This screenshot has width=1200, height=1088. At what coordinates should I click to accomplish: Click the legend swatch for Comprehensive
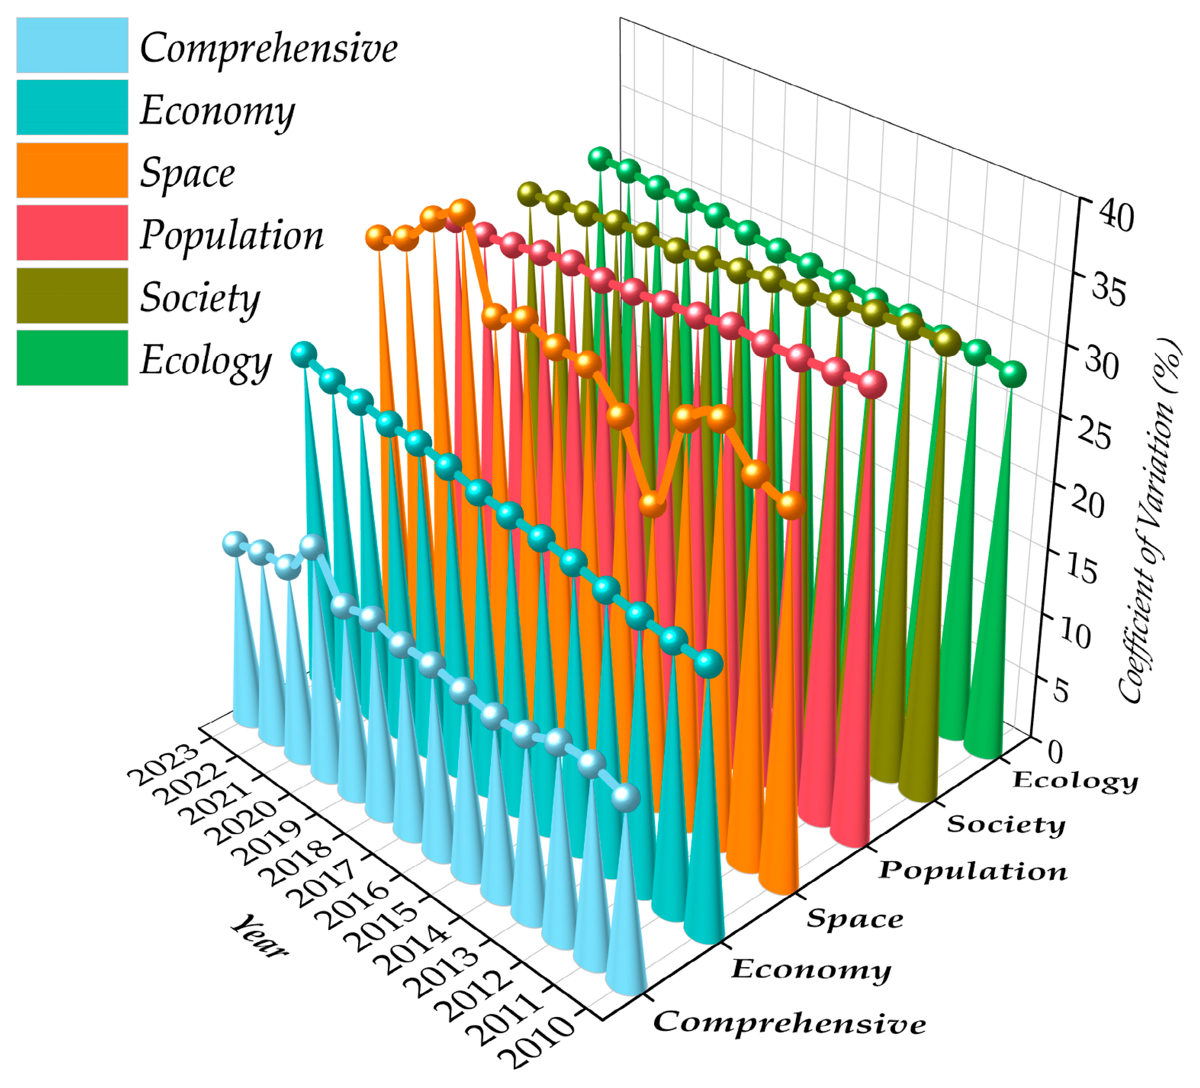pos(72,45)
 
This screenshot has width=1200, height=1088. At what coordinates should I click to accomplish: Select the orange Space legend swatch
pos(72,170)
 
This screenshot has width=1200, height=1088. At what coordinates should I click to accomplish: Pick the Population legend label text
pos(231,235)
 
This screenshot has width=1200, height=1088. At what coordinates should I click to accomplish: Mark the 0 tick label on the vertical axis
pos(1055,751)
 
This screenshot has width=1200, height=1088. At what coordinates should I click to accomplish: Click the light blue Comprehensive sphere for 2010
pos(625,797)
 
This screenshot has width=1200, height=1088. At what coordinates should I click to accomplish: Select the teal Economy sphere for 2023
pos(304,354)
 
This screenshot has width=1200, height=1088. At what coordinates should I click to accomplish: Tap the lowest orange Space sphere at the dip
pos(652,504)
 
